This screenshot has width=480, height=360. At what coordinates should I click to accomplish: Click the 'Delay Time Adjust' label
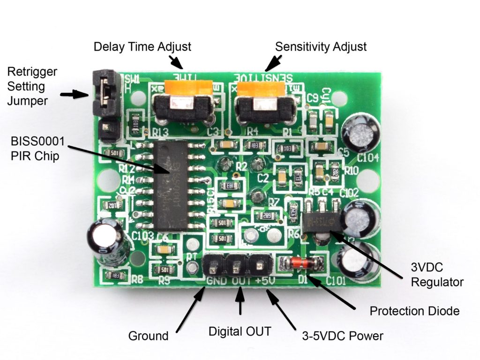(x=142, y=47)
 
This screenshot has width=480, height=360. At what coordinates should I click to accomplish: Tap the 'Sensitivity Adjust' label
(x=321, y=47)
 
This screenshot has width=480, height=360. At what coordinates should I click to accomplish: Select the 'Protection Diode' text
(x=414, y=311)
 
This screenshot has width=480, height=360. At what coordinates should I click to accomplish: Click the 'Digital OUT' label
(x=240, y=331)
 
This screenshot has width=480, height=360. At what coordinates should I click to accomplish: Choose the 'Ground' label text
(x=148, y=336)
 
